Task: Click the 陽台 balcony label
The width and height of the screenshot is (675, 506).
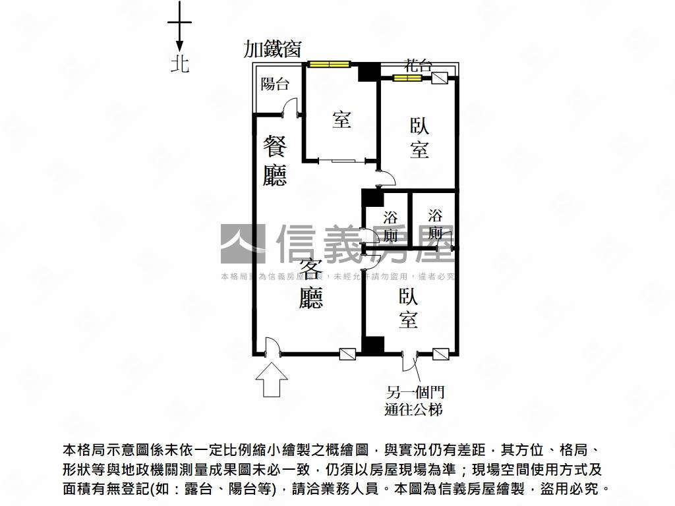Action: click(x=275, y=84)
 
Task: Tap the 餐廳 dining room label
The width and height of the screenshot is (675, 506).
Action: click(x=275, y=160)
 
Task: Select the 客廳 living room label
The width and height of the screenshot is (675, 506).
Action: click(x=311, y=283)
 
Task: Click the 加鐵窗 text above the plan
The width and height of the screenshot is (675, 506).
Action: click(x=272, y=49)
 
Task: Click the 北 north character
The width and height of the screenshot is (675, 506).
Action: click(x=180, y=64)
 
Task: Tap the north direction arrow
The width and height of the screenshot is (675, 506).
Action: click(x=179, y=27)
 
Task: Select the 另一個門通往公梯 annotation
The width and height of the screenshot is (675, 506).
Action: click(x=414, y=400)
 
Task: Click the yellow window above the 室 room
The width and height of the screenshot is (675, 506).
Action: click(x=328, y=65)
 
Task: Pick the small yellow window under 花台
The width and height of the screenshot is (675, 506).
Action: click(x=407, y=78)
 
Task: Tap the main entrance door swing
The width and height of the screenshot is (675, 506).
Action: click(x=272, y=346)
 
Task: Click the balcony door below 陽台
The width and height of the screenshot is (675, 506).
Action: click(x=290, y=107)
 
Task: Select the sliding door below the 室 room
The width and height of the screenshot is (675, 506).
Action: click(x=342, y=161)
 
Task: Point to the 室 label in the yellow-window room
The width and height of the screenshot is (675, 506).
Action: click(x=341, y=120)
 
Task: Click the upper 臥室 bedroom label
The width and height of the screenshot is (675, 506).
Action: click(x=419, y=138)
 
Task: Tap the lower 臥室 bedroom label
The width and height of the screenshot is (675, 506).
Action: click(x=408, y=308)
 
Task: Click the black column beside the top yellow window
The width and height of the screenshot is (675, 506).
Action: click(x=369, y=71)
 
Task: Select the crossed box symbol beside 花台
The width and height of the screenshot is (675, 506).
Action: click(x=440, y=78)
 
